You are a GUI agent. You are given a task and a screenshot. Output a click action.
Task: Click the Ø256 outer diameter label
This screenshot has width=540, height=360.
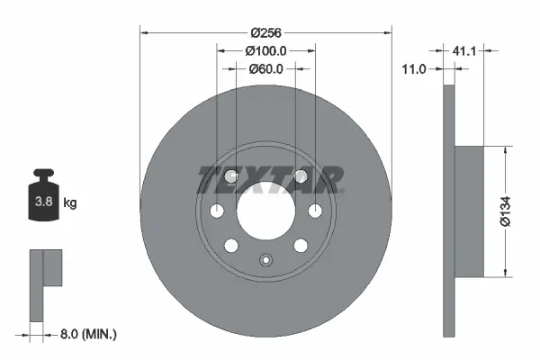click(265, 32)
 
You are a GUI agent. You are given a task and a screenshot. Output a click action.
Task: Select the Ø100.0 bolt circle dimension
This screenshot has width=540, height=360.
click(265, 51)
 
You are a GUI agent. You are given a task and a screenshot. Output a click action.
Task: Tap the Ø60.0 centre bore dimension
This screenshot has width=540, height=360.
click(265, 68)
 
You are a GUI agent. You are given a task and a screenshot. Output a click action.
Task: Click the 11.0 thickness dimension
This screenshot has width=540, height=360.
click(415, 67)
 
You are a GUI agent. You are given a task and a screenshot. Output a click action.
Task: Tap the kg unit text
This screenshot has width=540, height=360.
click(69, 203)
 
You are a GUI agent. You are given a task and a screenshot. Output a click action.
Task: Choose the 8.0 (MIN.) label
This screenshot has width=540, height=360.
click(87, 334)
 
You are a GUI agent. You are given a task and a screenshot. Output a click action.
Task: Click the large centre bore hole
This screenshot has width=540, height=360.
click(265, 211)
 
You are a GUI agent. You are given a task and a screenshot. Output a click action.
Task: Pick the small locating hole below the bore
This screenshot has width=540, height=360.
click(265, 261)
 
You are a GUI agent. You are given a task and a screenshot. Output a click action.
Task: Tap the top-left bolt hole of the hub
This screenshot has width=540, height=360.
click(231, 176)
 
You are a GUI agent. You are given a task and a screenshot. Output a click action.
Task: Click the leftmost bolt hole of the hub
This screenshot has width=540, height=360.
click(217, 211)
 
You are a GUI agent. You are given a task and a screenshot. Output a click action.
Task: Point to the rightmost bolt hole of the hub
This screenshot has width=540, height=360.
click(314, 211)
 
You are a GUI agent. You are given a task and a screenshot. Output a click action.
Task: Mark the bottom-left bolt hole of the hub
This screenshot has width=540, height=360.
click(231, 245)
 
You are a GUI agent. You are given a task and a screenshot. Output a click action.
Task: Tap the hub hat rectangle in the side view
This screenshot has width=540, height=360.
click(471, 211)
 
